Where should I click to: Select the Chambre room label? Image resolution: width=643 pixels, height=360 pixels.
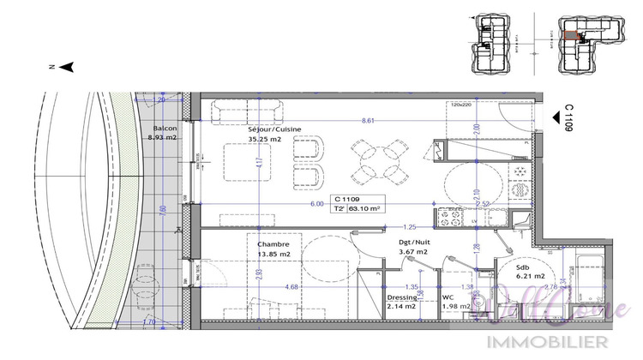click(272, 243)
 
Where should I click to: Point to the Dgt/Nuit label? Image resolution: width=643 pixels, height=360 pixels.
click(414, 243)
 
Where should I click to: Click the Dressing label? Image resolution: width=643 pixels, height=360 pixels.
click(402, 297)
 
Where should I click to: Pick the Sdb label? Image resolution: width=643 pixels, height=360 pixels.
click(522, 267)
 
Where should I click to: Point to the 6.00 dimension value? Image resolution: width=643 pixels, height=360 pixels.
click(316, 204)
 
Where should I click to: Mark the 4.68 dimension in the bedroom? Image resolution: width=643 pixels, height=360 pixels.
click(291, 286)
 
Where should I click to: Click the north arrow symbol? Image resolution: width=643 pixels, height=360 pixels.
click(71, 65)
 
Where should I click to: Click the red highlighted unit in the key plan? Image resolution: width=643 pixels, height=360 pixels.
click(571, 36)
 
